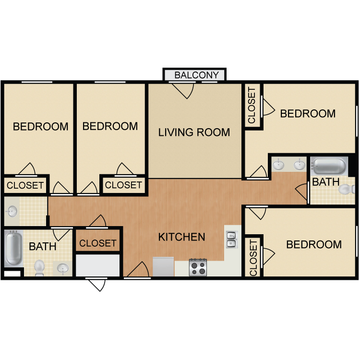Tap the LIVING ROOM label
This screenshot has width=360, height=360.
click(x=194, y=132)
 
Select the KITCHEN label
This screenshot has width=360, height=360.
click(x=182, y=237)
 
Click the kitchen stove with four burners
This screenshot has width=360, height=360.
click(x=198, y=267)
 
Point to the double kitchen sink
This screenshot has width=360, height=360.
click(x=231, y=239)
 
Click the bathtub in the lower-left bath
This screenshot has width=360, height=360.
click(x=13, y=248)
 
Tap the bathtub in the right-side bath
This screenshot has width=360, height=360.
click(x=328, y=166)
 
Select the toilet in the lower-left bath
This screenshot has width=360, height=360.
click(x=40, y=266)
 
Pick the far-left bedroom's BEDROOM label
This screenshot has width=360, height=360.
click(x=40, y=127)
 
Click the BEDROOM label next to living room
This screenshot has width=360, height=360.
click(x=110, y=126)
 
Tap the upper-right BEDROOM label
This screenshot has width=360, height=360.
click(x=308, y=114)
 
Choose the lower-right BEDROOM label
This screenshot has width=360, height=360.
click(x=314, y=244)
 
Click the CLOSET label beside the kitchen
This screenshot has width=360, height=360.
click(x=98, y=243)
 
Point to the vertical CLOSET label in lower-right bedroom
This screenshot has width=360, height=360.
click(x=253, y=258)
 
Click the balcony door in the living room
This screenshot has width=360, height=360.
click(x=183, y=90)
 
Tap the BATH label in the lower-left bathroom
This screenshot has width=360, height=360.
click(x=43, y=247)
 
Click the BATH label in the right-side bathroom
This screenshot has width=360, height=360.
click(x=326, y=182)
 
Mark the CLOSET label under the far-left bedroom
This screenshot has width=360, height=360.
click(x=25, y=185)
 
